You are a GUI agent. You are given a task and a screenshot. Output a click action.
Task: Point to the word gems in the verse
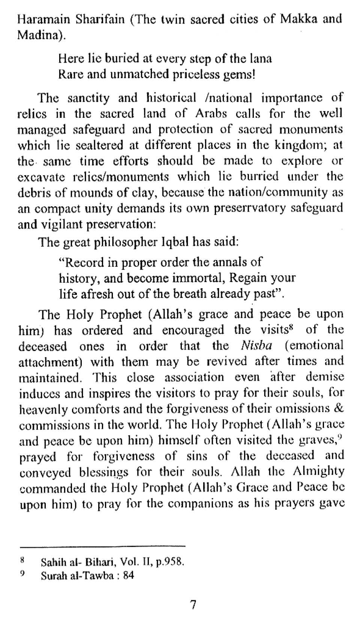pos(239,75)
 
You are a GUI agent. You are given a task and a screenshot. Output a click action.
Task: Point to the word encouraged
pos(193,330)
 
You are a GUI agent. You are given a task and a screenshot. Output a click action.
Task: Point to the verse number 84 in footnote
pos(128,575)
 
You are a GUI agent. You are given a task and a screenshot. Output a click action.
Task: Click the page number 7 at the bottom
pos(193,604)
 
